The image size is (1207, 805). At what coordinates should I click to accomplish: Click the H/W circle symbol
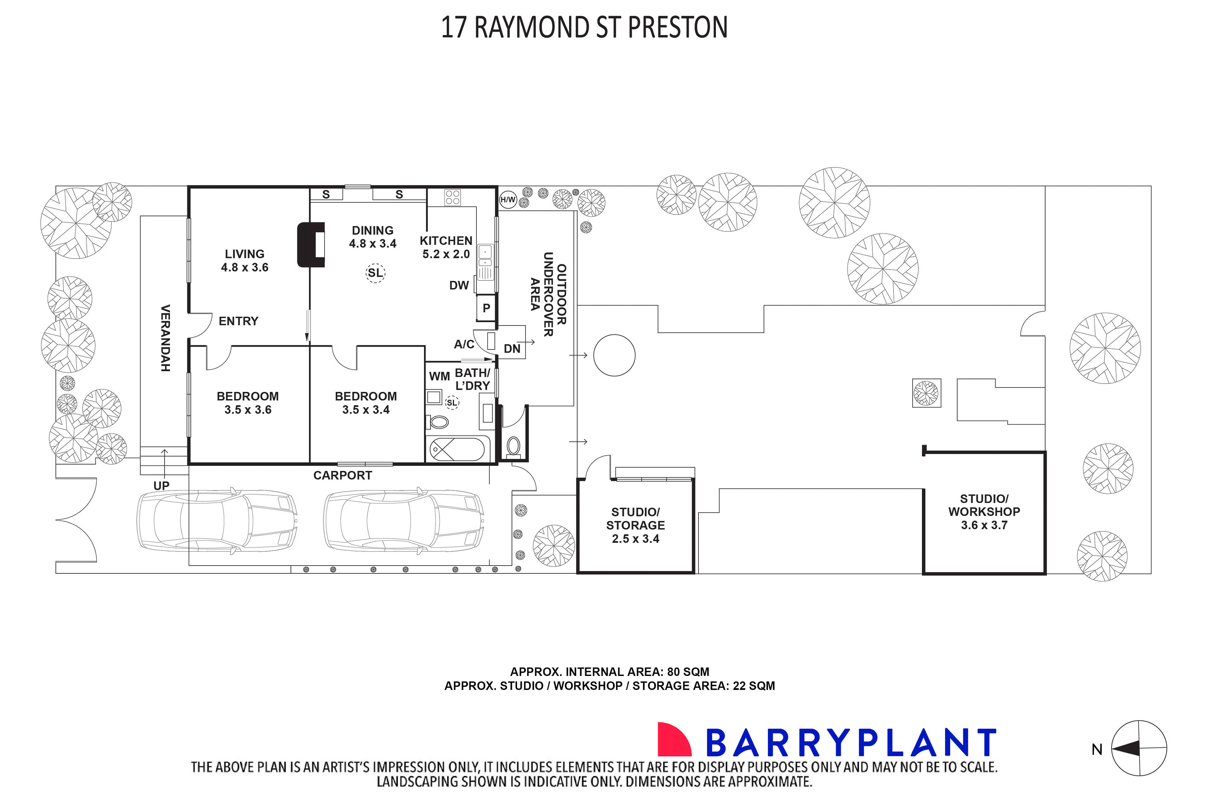pos(507,200)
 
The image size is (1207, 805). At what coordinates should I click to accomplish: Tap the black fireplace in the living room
pos(311,245)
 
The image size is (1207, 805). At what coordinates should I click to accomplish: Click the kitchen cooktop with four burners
pos(452,197)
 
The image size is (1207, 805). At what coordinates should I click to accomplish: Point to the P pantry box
pos(486,308)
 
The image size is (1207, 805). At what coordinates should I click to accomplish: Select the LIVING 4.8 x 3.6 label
pos(244,260)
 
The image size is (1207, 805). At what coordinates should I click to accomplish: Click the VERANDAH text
pos(165,338)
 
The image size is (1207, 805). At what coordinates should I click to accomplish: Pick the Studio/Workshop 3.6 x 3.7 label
pos(984,512)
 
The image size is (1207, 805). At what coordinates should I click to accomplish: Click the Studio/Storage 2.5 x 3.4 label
pos(635,525)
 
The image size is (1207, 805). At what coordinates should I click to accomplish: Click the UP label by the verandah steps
pos(161,486)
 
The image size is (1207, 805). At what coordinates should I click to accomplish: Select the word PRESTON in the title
pos(677,28)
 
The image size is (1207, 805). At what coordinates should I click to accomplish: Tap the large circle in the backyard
pos(614,355)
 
